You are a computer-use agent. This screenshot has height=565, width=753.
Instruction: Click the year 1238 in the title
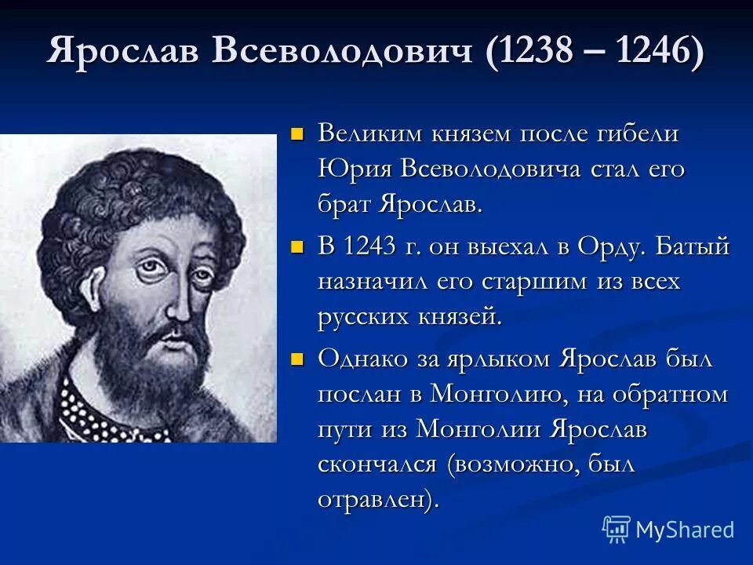tap(536, 52)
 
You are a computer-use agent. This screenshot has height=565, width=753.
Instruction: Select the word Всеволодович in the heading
tap(343, 52)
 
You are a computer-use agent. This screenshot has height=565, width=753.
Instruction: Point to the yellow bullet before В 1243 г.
tap(296, 248)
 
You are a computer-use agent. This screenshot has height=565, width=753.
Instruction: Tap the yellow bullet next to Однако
tap(296, 360)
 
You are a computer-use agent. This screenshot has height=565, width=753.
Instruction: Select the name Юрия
tap(355, 170)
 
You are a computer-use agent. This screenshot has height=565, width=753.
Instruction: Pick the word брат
tap(344, 206)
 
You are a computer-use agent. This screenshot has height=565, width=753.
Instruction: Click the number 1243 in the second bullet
tap(373, 246)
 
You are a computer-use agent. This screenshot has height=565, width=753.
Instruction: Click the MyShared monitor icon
tap(616, 529)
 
